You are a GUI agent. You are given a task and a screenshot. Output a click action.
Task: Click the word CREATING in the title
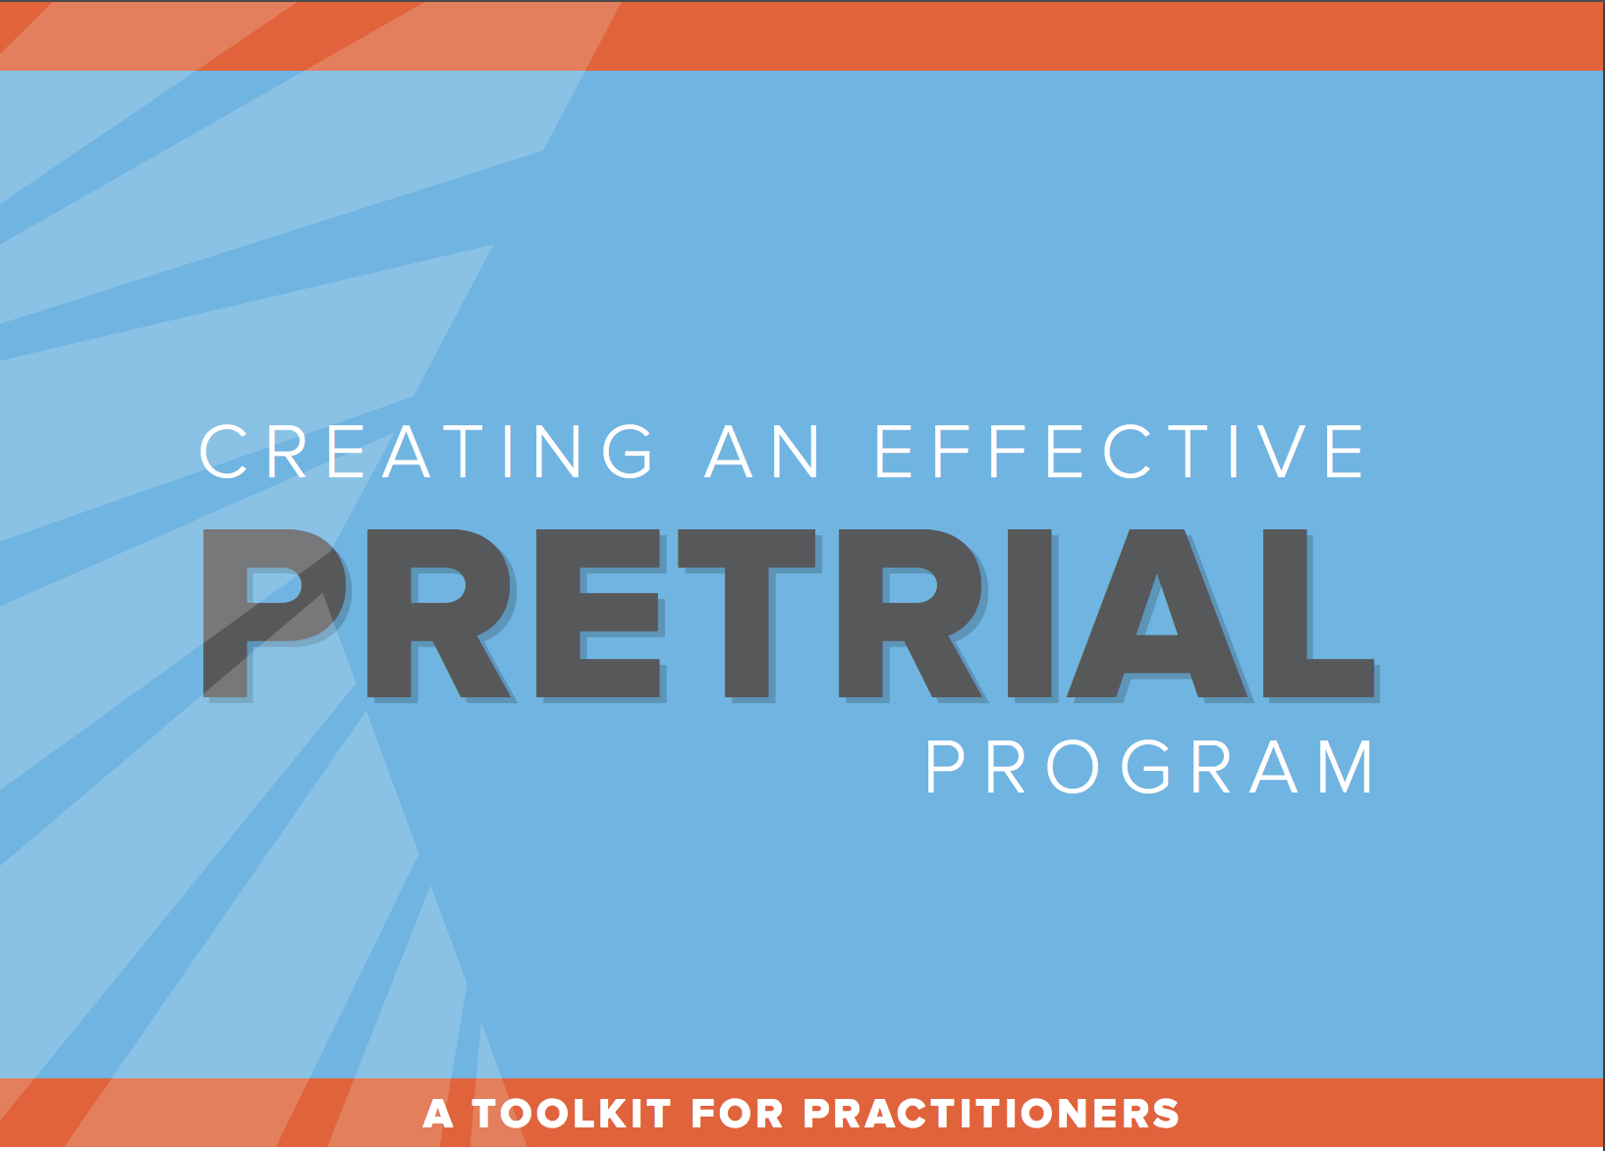click(426, 451)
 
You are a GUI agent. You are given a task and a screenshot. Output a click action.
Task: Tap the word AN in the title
click(761, 451)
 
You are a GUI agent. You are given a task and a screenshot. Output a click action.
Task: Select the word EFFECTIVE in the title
click(1120, 451)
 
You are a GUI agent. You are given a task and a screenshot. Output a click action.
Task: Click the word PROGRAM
click(1149, 767)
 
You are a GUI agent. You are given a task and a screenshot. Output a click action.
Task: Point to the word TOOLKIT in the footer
click(572, 1114)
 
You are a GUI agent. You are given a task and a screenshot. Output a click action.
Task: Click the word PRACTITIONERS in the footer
click(991, 1114)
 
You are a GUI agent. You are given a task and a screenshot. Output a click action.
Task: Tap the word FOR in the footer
click(737, 1114)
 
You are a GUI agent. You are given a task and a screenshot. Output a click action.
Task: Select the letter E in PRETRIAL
click(597, 613)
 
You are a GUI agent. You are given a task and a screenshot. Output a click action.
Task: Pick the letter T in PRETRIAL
click(747, 613)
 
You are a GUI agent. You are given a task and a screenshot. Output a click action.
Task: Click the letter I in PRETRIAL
click(1029, 613)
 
